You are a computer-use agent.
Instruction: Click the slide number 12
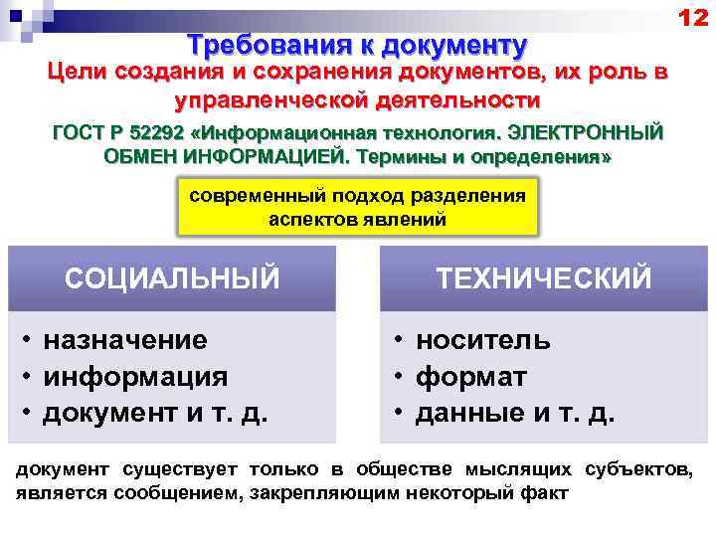tap(692, 17)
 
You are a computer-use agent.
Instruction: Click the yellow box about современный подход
tap(357, 207)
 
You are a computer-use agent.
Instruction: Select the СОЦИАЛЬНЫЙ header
tap(172, 277)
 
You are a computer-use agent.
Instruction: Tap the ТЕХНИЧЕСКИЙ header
tap(544, 277)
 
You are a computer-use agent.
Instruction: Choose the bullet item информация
tap(135, 377)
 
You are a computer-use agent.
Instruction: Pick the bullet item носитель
tap(483, 340)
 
